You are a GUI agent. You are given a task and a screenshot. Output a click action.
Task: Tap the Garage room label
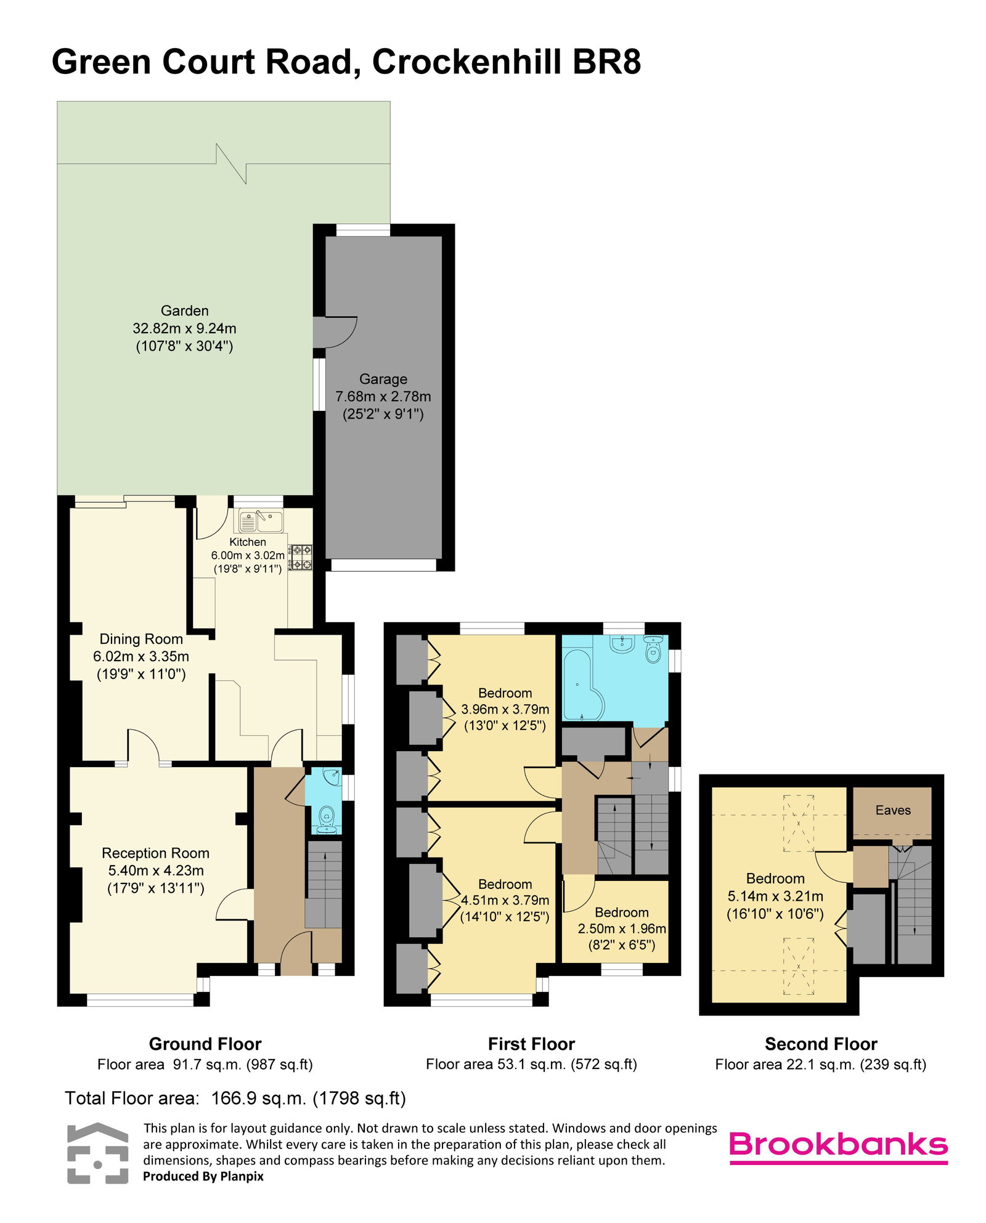(383, 379)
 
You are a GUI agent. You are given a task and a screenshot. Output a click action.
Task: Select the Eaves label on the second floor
(893, 810)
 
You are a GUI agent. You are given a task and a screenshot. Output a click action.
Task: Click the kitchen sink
(261, 521)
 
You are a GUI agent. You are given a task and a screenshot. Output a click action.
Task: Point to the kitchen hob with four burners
(301, 557)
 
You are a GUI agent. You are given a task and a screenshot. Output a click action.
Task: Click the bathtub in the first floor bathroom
(577, 684)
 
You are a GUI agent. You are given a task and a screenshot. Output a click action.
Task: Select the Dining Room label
(141, 639)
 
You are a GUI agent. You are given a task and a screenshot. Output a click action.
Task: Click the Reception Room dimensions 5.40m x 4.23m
(156, 871)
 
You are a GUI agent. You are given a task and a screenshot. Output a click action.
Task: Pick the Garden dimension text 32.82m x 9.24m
(184, 328)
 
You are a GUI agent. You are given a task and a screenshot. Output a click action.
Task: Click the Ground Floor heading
(205, 1044)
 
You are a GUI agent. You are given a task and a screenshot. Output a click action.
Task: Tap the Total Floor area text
(235, 1098)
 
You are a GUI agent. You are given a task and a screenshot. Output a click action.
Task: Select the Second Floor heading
(821, 1044)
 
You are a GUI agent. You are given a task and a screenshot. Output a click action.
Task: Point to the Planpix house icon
(98, 1153)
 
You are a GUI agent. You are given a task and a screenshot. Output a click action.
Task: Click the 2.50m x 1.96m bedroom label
(622, 928)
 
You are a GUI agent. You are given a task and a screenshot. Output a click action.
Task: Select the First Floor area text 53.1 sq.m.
(531, 1064)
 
